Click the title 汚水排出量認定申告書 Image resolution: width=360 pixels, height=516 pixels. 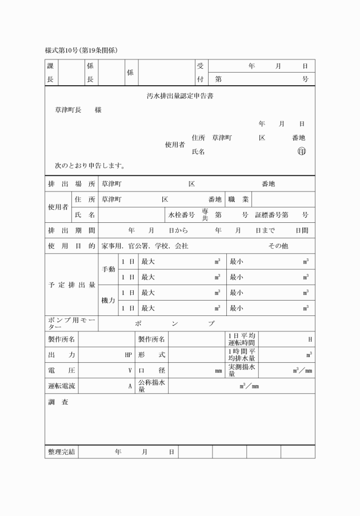[180, 96]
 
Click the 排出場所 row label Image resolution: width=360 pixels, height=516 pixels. [71, 184]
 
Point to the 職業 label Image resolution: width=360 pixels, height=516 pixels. [238, 199]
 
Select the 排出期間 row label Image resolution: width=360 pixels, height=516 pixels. [71, 230]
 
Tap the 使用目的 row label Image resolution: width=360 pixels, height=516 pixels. [71, 246]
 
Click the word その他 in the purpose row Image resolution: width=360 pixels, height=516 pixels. [278, 246]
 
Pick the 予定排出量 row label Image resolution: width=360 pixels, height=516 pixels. [71, 285]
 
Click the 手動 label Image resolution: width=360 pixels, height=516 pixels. [108, 269]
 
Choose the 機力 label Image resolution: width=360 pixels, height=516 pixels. [108, 300]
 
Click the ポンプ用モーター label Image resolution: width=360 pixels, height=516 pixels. [71, 323]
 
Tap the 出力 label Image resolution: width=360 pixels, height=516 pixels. [61, 354]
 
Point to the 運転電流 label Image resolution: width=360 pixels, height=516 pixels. [61, 386]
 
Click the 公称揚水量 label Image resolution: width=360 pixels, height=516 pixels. [151, 386]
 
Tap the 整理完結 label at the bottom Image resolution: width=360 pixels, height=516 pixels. [61, 452]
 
